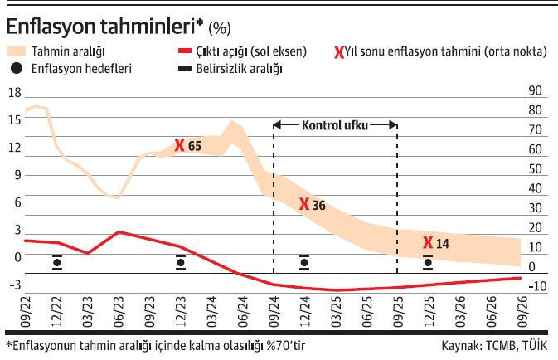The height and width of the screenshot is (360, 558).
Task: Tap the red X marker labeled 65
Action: click(x=180, y=146)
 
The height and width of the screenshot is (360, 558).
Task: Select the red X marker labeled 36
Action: click(x=305, y=204)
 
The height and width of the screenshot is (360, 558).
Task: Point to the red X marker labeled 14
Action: click(x=428, y=243)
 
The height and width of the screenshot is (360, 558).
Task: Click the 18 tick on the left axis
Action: click(x=13, y=93)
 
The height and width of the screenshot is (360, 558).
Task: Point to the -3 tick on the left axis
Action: click(x=13, y=285)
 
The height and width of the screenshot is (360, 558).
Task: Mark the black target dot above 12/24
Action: click(x=304, y=263)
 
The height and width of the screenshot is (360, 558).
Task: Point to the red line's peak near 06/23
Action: click(x=119, y=232)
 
